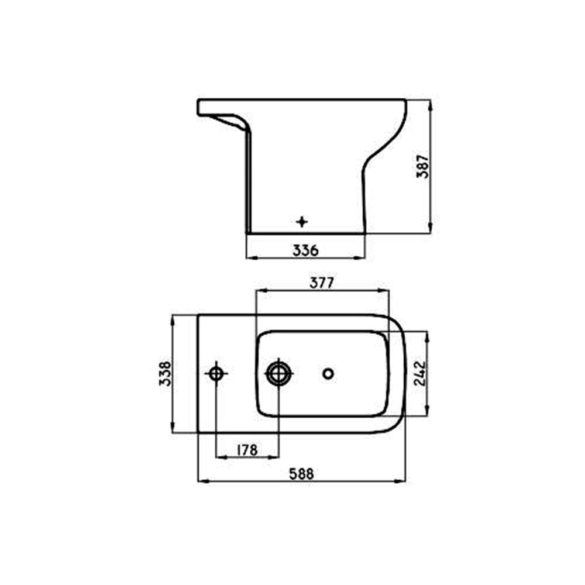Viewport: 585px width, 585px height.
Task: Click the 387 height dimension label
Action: [x=423, y=166]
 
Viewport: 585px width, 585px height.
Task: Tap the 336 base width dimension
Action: [x=305, y=250]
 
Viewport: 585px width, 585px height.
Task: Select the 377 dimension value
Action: [x=322, y=283]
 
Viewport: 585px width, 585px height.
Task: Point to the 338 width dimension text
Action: [x=165, y=373]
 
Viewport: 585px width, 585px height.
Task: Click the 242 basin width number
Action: [x=419, y=373]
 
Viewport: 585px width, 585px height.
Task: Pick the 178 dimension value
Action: [x=247, y=450]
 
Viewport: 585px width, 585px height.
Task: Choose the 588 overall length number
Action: [x=301, y=474]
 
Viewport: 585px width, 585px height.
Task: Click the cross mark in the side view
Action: [x=301, y=222]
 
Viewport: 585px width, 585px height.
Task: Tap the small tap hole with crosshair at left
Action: [x=216, y=373]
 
